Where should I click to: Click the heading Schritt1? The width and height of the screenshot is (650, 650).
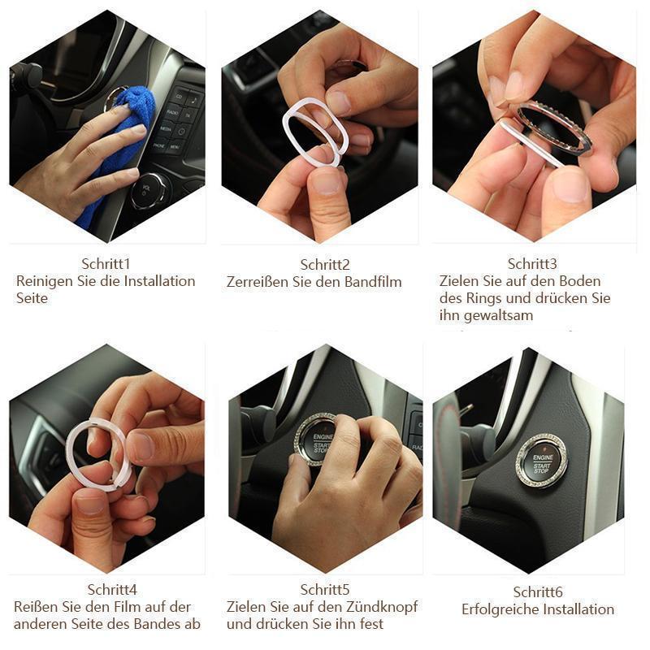click(x=106, y=263)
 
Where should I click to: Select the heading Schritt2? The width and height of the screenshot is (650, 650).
click(x=325, y=265)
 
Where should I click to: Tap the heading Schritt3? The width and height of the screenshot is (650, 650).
click(x=532, y=263)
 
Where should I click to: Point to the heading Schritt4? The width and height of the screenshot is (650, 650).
click(x=112, y=590)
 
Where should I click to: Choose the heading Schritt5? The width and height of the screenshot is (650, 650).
click(x=325, y=590)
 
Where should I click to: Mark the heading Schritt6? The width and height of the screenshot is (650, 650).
click(x=538, y=592)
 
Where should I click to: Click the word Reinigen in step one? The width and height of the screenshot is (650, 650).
click(x=45, y=281)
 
